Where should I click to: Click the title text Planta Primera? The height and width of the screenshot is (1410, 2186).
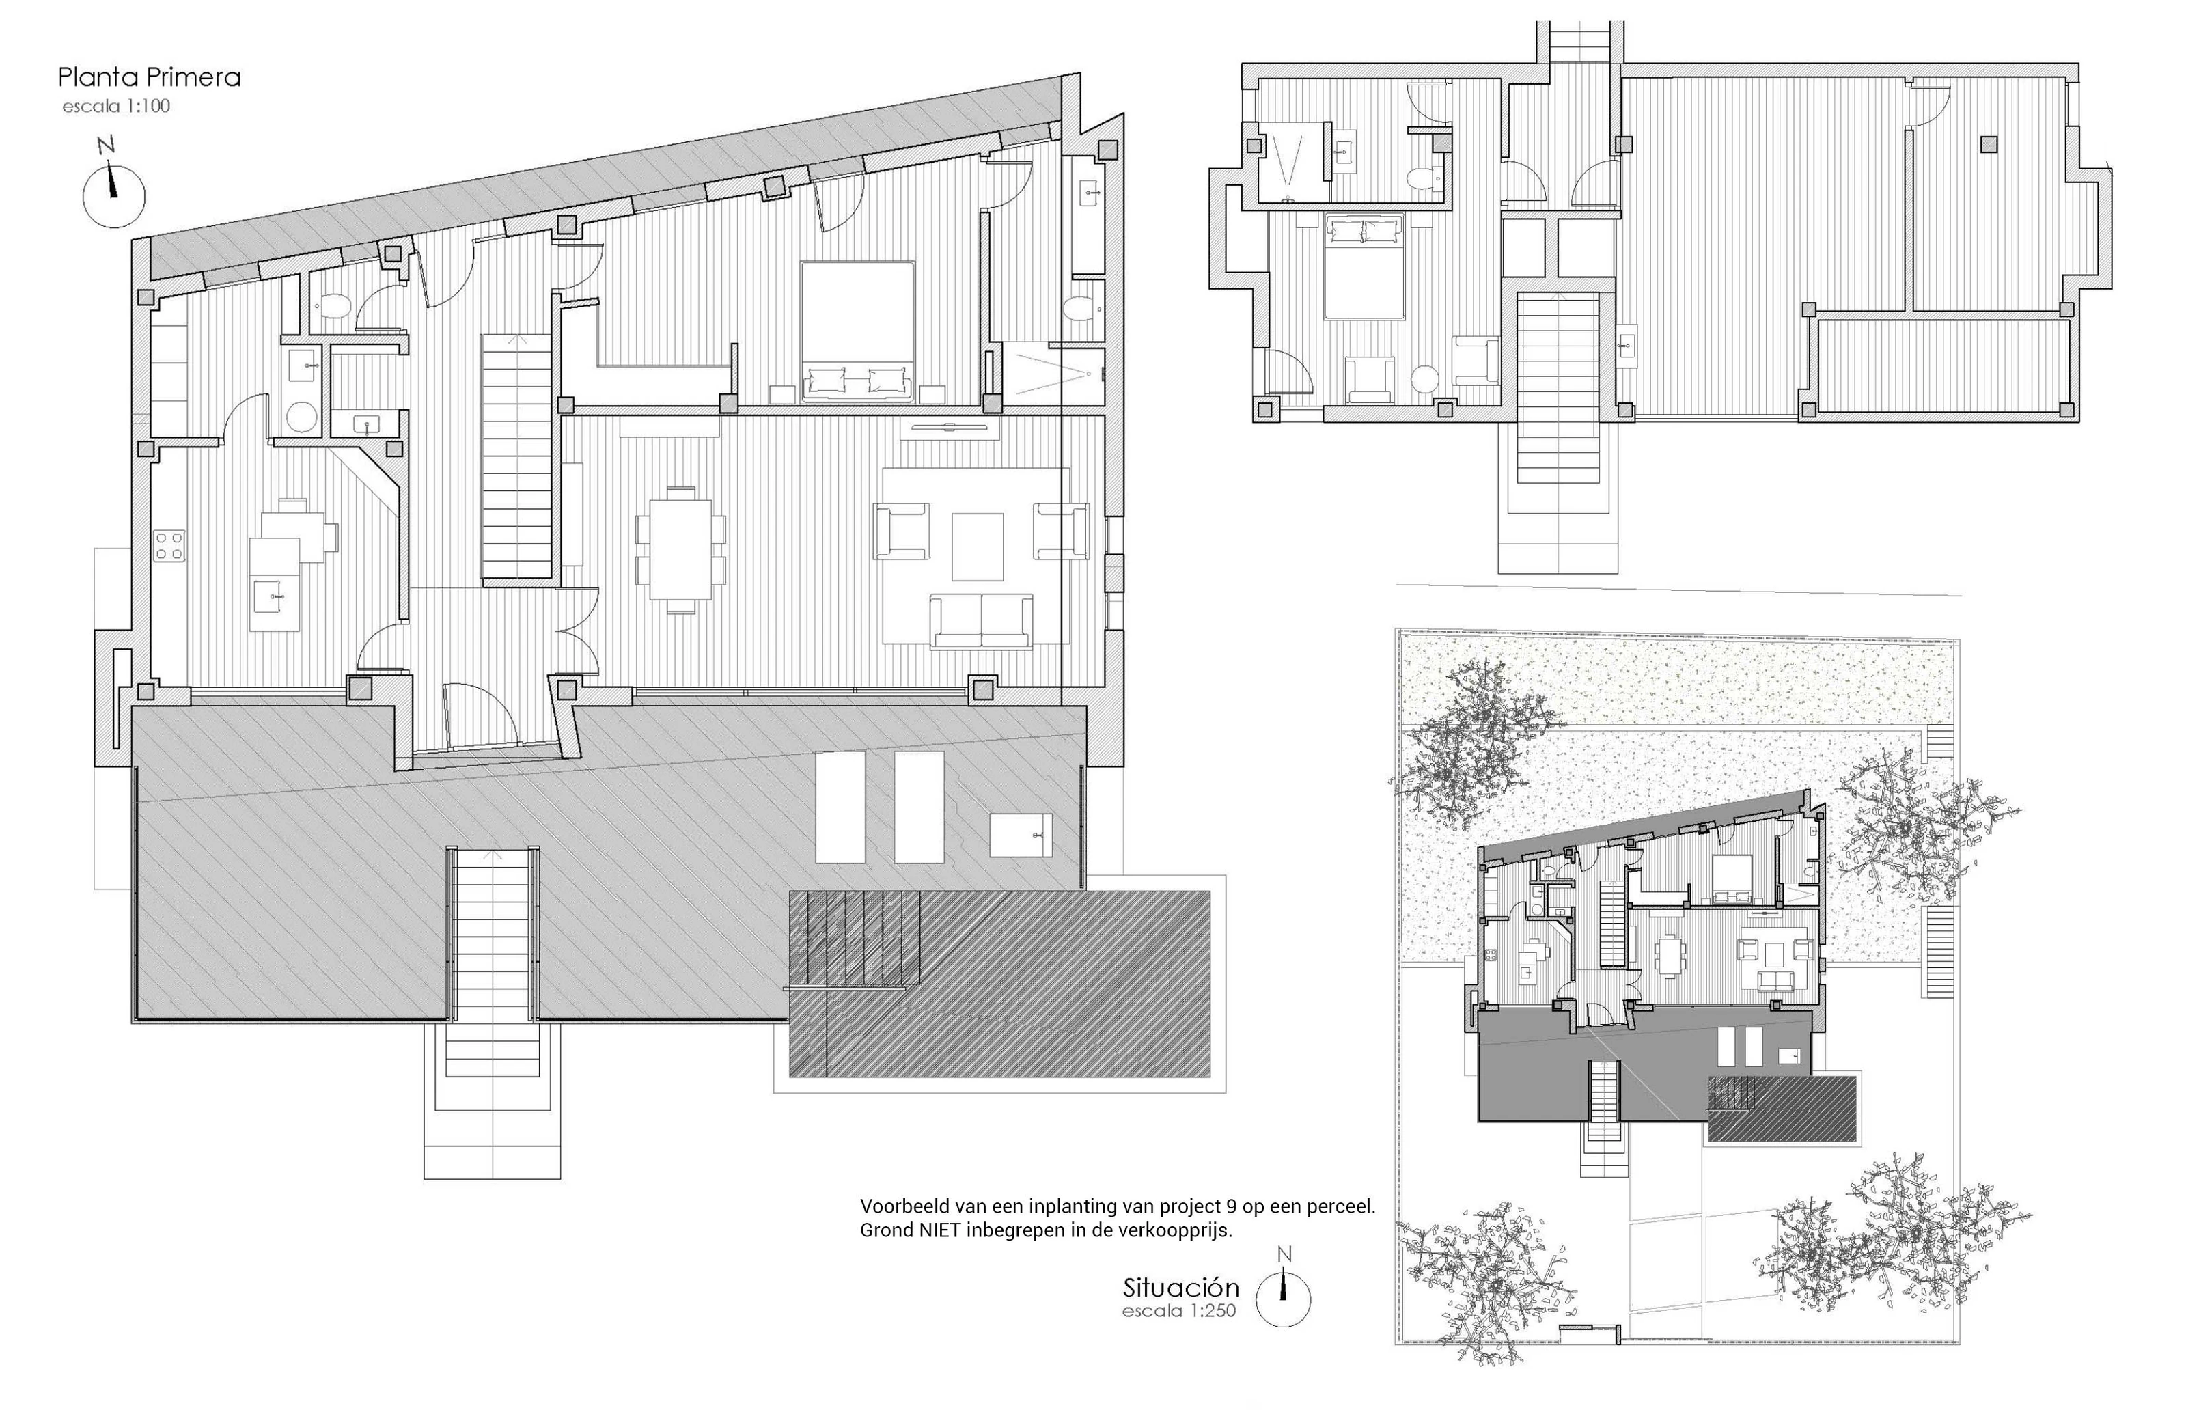click(149, 77)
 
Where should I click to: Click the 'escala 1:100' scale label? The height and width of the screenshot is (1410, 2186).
click(116, 106)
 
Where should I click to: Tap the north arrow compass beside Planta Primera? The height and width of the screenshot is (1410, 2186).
click(113, 183)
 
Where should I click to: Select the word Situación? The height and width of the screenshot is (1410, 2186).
click(1181, 1286)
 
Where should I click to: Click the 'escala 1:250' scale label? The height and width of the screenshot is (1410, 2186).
click(1179, 1310)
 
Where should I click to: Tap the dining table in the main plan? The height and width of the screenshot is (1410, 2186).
click(680, 549)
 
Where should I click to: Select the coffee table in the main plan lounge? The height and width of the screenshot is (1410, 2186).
click(977, 547)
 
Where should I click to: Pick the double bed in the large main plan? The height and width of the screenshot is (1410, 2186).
click(858, 331)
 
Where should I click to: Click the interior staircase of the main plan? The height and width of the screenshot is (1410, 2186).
click(516, 456)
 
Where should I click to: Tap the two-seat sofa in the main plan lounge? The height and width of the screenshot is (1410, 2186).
click(982, 621)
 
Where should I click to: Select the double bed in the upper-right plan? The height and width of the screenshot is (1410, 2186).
click(1364, 266)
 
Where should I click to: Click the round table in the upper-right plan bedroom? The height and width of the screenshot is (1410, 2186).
click(1425, 379)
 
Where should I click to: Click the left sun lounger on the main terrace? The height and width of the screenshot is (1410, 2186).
click(840, 807)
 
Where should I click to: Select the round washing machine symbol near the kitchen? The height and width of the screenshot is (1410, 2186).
click(301, 417)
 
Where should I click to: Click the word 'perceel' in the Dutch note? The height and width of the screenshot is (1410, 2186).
click(1341, 1206)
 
